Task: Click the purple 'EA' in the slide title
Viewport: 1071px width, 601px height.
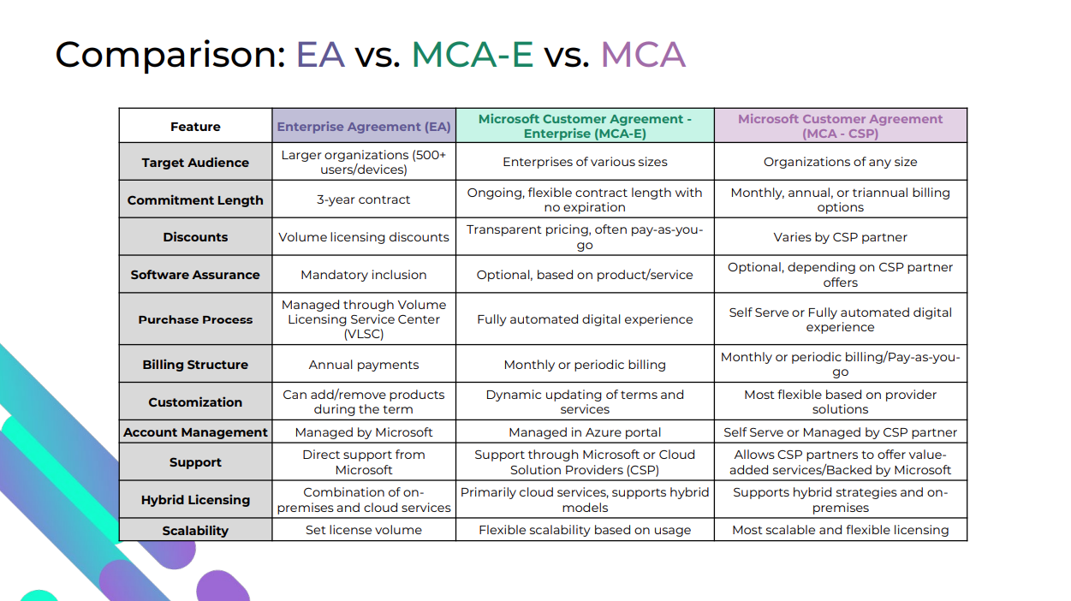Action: point(320,55)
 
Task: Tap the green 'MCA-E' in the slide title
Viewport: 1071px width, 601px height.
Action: point(472,55)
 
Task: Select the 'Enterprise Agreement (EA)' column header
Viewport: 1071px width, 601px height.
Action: point(364,127)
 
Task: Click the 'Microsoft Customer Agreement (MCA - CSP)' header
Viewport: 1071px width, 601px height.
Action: point(840,126)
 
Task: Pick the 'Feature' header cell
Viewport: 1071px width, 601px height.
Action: point(195,127)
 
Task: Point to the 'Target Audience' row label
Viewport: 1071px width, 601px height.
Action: point(195,163)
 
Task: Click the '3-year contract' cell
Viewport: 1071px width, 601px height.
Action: point(364,199)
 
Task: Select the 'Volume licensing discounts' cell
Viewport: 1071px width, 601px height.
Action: point(364,237)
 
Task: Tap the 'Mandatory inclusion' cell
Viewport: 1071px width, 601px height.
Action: point(364,275)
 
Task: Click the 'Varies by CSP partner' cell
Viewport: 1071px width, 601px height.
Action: point(840,237)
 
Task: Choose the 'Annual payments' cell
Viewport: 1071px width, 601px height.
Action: point(364,365)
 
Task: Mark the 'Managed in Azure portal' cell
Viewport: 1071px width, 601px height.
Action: point(585,432)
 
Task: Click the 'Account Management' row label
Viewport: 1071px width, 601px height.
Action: point(195,432)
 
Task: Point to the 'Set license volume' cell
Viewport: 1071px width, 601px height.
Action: point(364,530)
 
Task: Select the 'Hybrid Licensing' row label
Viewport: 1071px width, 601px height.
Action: point(195,500)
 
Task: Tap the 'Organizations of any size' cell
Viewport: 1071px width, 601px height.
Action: point(840,162)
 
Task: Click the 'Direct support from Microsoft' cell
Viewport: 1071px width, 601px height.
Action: point(364,462)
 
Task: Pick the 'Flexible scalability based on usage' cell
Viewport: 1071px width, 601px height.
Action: point(585,530)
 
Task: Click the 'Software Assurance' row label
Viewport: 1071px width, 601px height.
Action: point(195,275)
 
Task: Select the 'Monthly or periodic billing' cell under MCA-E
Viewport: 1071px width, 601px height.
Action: point(585,365)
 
